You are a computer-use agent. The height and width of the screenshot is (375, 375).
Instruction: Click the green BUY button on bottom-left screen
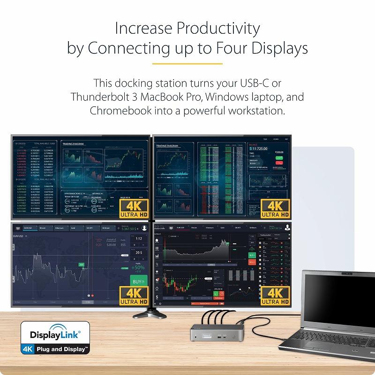tap(137, 282)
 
